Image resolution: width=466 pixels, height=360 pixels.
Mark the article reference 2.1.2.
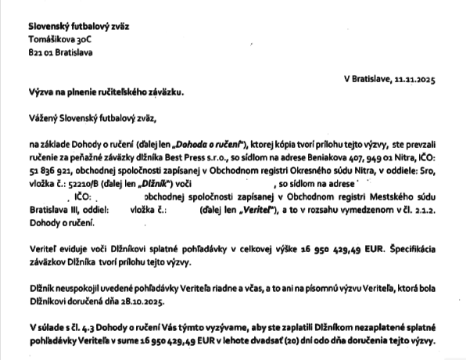pos(428,211)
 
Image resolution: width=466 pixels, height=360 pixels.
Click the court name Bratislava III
pos(53,211)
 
